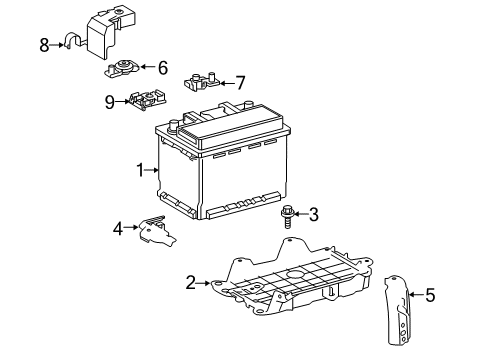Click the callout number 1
tap(141, 170)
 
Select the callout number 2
tap(190, 284)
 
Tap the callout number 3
tap(313, 212)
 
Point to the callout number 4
tap(117, 229)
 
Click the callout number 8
tap(44, 44)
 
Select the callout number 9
tap(109, 100)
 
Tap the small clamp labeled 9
tap(144, 100)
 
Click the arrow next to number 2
tap(205, 284)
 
